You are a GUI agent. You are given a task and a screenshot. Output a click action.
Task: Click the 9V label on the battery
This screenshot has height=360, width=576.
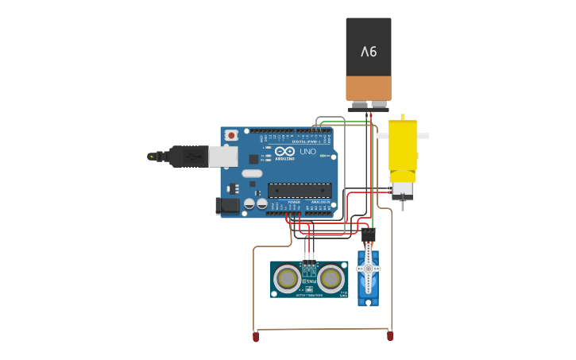click(369, 52)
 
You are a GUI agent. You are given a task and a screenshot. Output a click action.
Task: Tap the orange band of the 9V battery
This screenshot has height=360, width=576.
click(369, 87)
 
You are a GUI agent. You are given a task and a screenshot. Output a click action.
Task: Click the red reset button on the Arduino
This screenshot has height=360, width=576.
click(231, 136)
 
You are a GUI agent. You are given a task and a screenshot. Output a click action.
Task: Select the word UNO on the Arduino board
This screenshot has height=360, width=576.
click(307, 151)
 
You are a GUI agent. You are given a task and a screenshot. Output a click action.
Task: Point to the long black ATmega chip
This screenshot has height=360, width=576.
click(300, 190)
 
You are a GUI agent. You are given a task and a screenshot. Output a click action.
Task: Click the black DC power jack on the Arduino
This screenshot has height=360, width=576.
click(228, 206)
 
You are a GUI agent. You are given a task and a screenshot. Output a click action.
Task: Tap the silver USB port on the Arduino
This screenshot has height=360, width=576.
click(223, 156)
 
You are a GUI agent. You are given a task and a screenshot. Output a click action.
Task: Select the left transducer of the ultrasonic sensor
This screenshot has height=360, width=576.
click(288, 278)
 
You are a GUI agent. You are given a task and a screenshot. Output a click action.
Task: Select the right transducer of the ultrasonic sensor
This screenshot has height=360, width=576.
click(331, 278)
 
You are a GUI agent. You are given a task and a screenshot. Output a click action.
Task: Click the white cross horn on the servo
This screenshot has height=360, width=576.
click(368, 269)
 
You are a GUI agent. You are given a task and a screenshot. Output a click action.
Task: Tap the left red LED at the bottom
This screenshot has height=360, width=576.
click(256, 337)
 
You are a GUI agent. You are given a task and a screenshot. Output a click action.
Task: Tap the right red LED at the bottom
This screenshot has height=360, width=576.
click(390, 336)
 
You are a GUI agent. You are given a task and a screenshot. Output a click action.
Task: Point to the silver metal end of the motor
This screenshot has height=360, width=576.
click(403, 191)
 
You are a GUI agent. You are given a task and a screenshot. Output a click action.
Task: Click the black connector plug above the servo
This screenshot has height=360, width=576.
click(368, 235)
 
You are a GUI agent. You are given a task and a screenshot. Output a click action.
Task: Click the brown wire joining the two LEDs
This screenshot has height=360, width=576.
click(322, 329)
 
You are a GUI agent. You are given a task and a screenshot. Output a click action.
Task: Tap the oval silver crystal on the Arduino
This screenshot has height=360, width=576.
click(252, 173)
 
